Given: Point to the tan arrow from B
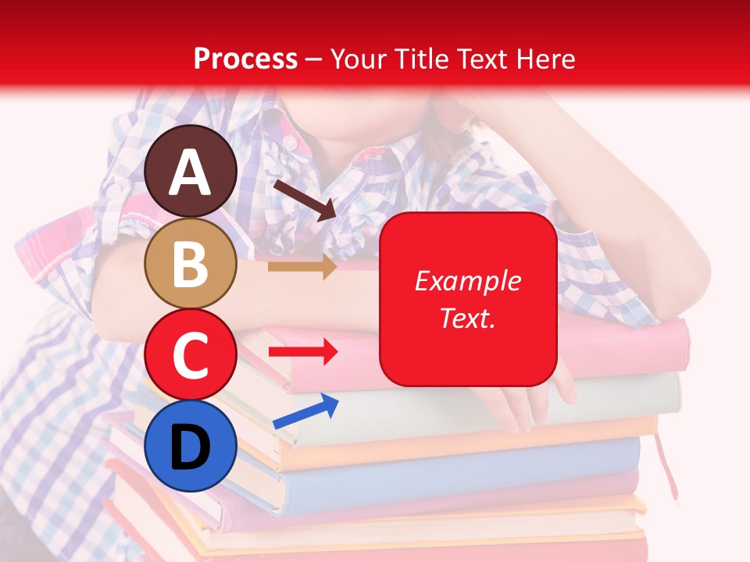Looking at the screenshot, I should tap(302, 267).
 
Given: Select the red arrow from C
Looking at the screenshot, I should tap(303, 352).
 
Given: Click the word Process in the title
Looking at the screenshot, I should tap(245, 59).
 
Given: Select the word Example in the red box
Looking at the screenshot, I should tap(467, 281).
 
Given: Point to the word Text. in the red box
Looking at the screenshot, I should tap(467, 318).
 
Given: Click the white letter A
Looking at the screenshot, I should tap(191, 173).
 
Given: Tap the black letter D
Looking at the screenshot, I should tap(191, 446).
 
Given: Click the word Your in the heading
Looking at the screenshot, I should tap(359, 59).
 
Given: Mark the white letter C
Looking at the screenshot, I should tap(191, 355).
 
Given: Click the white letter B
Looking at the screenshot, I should tap(191, 264).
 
